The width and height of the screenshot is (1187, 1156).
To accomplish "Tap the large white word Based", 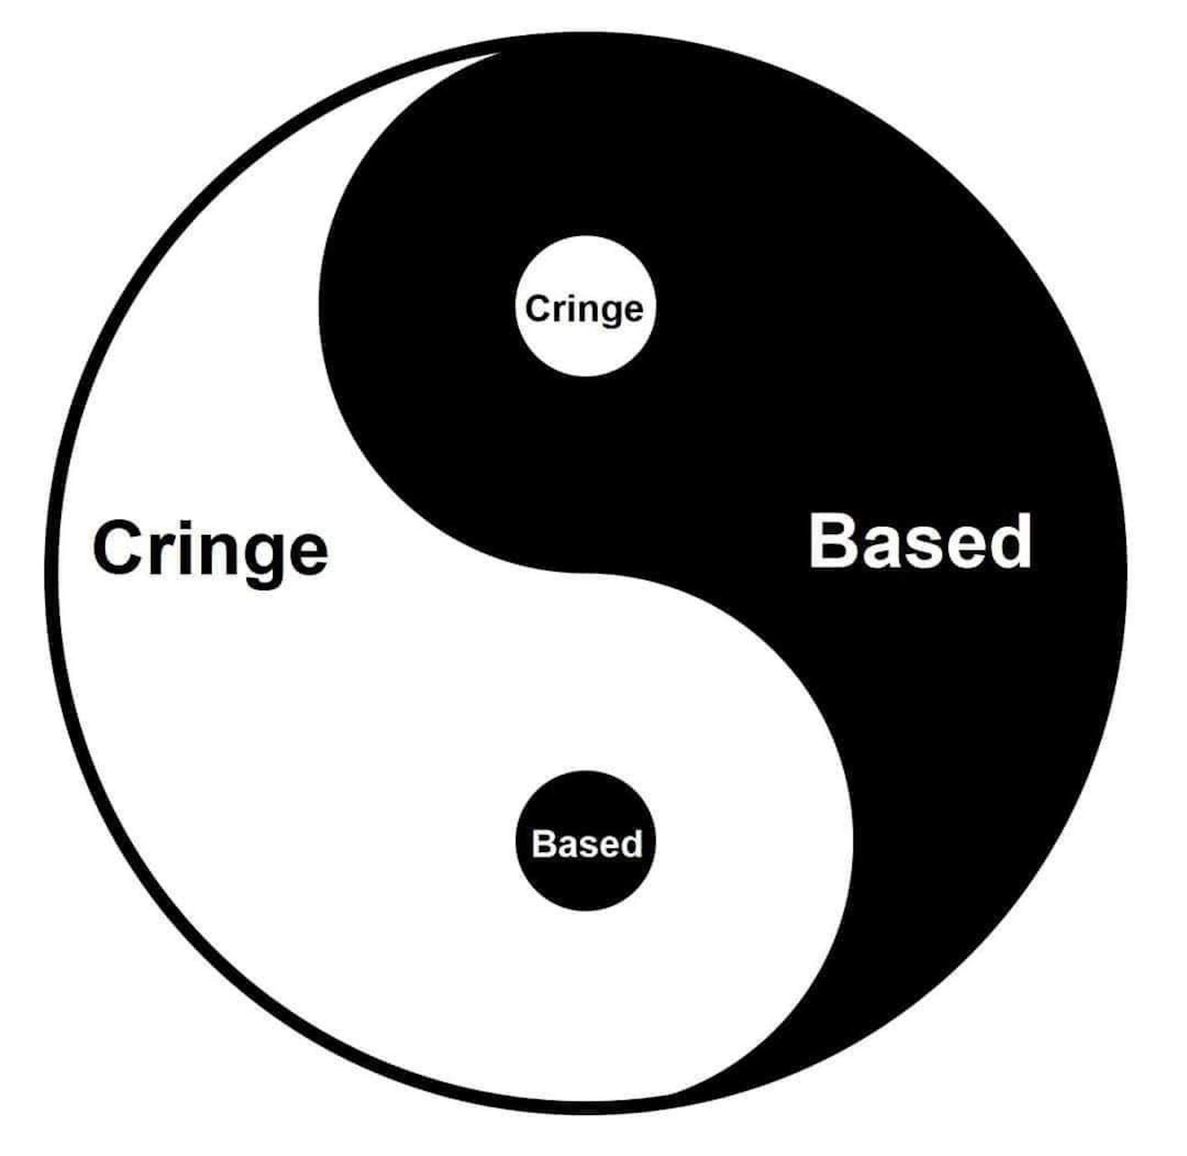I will [x=920, y=542].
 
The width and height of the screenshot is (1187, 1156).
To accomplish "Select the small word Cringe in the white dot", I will [x=584, y=309].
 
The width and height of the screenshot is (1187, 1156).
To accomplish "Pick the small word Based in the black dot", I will [x=586, y=844].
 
